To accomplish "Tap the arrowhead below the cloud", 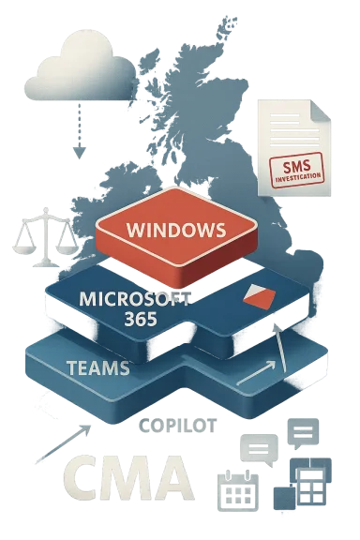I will [79, 150].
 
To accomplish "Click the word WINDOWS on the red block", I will [175, 228].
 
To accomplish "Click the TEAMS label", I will [98, 367].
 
